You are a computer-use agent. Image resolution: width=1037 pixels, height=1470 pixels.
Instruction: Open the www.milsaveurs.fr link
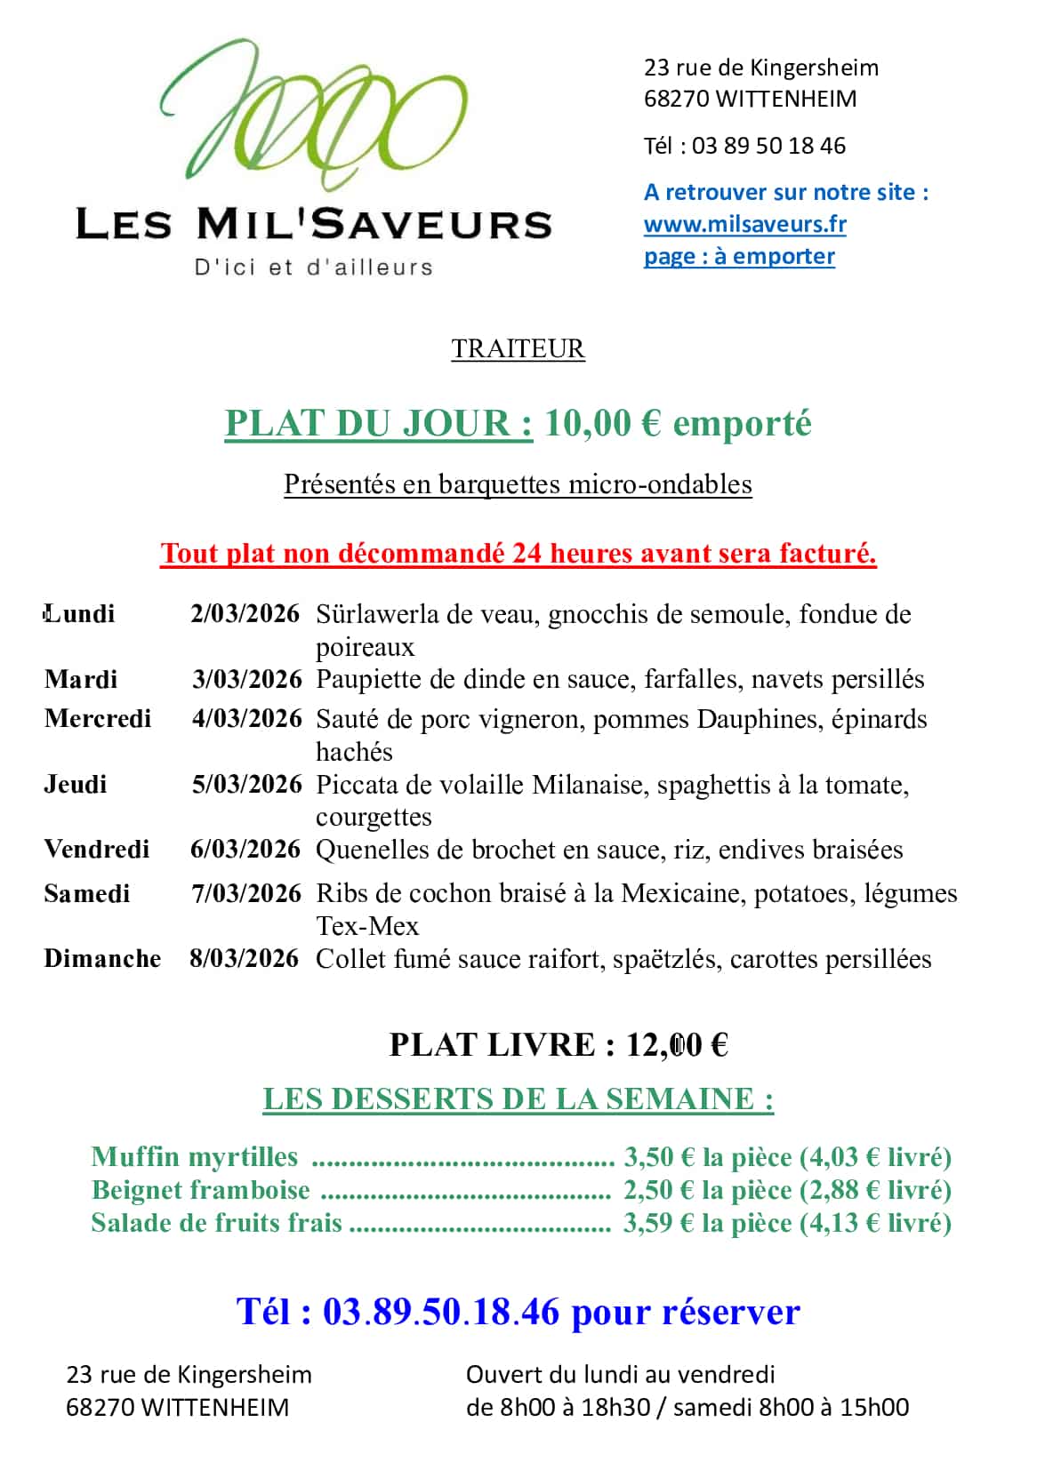[x=744, y=224]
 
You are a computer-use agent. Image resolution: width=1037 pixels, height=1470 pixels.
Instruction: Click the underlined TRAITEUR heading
[x=518, y=348]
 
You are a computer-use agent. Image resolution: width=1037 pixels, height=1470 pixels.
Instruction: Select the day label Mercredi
[x=98, y=718]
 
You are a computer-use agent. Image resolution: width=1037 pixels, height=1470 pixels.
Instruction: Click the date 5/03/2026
[x=246, y=784]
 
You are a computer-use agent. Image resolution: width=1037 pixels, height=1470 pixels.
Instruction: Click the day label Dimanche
[x=102, y=958]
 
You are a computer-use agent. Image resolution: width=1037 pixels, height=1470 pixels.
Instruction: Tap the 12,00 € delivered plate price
[x=677, y=1044]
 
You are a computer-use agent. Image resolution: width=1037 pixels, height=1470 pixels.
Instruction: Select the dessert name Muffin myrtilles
[x=194, y=1156]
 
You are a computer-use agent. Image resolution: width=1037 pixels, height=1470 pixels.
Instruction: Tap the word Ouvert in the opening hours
[x=503, y=1374]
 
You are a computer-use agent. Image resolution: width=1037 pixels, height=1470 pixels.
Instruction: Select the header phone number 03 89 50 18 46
[x=768, y=146]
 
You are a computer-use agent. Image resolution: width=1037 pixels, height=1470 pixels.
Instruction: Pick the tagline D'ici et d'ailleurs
[x=313, y=267]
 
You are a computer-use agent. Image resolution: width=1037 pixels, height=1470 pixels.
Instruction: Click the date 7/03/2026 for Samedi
[x=246, y=893]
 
